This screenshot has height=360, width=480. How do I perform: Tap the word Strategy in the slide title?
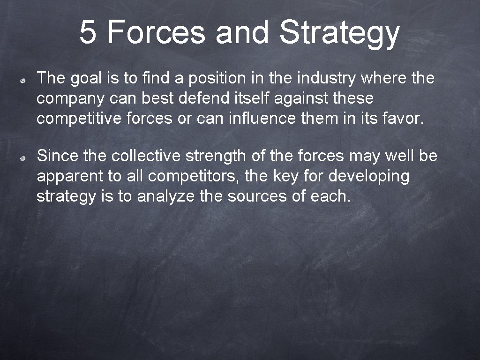[x=339, y=33]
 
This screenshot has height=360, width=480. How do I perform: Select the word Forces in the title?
[x=156, y=32]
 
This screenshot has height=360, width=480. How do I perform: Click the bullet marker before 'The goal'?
[x=22, y=81]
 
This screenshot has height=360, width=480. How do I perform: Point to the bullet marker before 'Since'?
[x=22, y=159]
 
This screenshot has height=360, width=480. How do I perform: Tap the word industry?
[x=326, y=79]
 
